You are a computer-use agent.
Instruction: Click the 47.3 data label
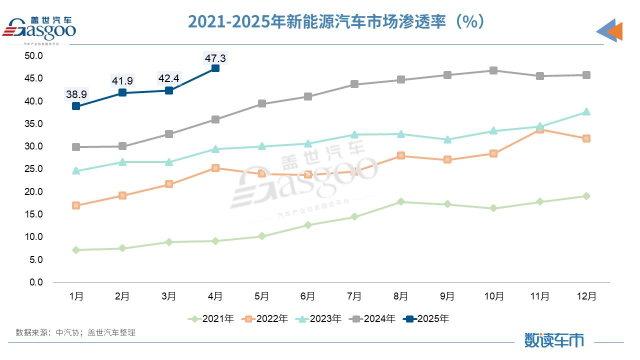tap(215, 58)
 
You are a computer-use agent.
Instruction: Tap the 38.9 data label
tap(76, 94)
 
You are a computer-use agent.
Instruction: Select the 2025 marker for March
tap(169, 90)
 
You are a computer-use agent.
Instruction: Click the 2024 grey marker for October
tap(493, 70)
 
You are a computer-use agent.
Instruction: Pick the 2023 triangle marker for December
tap(586, 111)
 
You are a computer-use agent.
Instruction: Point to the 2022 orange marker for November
tap(540, 129)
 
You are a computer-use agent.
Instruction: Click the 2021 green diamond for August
tap(400, 202)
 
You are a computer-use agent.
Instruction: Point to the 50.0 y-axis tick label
tap(34, 55)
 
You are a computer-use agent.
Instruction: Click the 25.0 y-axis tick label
tap(34, 169)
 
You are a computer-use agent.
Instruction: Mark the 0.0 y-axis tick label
tap(36, 282)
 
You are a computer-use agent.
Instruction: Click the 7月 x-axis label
tap(354, 296)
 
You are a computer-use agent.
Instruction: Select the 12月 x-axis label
tap(586, 296)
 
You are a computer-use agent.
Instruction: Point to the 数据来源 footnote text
tap(75, 332)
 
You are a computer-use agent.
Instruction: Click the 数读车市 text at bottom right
tap(554, 340)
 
